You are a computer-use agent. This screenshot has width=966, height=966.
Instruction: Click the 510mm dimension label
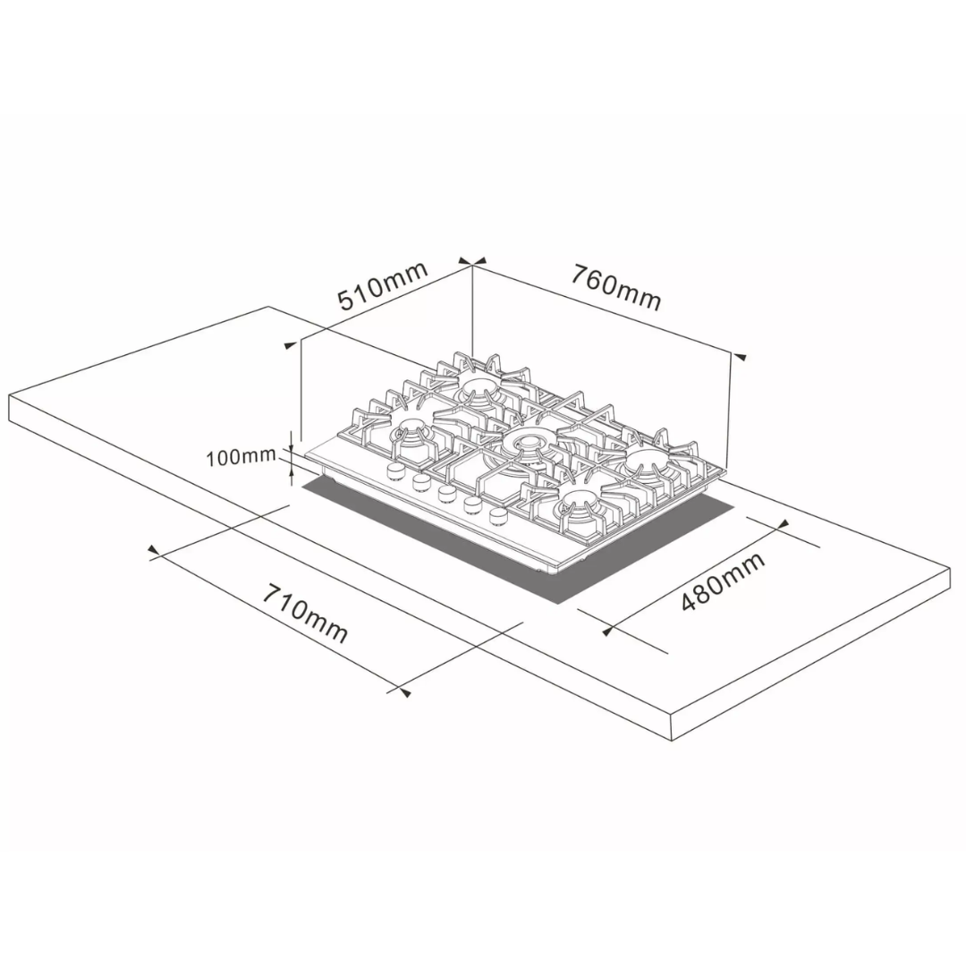coord(383,286)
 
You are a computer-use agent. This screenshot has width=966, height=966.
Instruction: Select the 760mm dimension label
coord(614,286)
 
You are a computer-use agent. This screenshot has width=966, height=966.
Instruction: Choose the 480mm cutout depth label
coord(724,581)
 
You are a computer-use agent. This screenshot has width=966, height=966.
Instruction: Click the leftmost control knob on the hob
coord(395,471)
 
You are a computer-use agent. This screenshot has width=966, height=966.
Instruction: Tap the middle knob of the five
coord(446,493)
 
